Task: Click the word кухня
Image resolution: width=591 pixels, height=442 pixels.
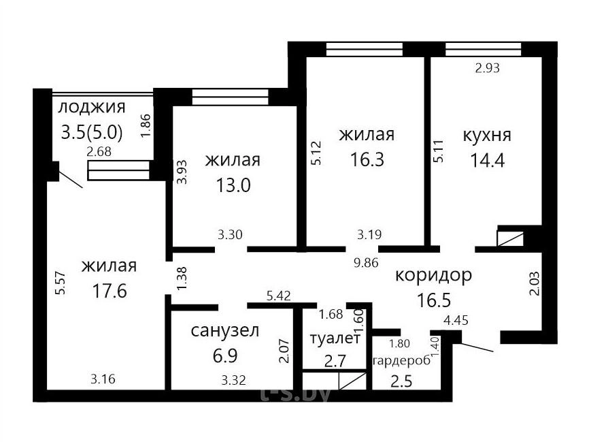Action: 486,135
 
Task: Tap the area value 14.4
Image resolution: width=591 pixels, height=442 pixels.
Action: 487,160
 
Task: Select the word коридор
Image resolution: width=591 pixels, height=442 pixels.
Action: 433,276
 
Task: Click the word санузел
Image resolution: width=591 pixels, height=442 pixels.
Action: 225,331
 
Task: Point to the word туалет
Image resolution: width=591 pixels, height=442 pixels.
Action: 335,338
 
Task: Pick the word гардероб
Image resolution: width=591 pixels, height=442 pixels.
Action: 401,361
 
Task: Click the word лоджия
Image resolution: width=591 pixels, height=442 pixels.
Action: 92,107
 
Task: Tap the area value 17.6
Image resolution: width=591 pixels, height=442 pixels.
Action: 109,291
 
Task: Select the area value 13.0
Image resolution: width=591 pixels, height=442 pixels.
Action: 233,185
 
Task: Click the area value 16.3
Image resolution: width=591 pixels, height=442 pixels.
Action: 367,159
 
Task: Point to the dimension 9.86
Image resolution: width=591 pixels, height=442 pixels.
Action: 366,263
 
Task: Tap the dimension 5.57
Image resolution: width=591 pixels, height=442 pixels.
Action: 61,283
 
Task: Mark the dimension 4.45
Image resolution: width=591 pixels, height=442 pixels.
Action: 456,321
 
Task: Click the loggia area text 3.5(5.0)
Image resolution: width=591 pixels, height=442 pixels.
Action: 92,133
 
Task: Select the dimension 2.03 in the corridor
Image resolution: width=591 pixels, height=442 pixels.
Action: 535,283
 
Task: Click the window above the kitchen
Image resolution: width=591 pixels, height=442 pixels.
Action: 483,49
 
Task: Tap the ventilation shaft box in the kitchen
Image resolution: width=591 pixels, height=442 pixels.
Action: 510,238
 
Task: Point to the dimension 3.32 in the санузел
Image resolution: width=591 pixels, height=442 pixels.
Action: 234,380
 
